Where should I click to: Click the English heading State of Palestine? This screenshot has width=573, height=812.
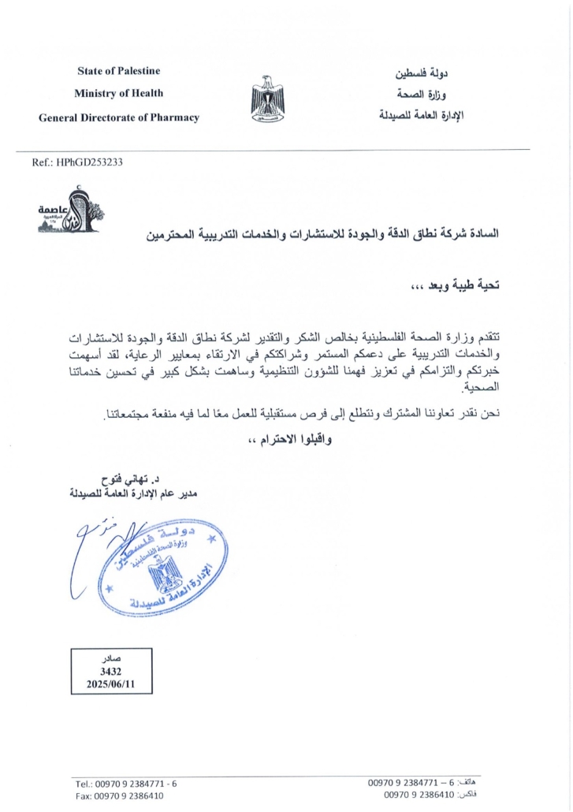pyautogui.click(x=118, y=71)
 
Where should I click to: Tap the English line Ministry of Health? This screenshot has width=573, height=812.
pyautogui.click(x=118, y=93)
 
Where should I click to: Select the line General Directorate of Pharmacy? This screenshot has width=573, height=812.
pyautogui.click(x=118, y=117)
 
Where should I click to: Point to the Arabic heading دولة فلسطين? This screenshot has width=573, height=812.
pyautogui.click(x=422, y=75)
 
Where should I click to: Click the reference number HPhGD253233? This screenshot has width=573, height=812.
pyautogui.click(x=87, y=162)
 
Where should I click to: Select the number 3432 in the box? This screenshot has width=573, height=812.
pyautogui.click(x=111, y=672)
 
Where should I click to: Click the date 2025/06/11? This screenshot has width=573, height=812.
pyautogui.click(x=111, y=685)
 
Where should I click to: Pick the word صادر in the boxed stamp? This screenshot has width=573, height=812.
pyautogui.click(x=112, y=658)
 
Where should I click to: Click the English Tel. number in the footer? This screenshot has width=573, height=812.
pyautogui.click(x=126, y=784)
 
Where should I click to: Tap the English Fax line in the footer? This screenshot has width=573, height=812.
pyautogui.click(x=120, y=796)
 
